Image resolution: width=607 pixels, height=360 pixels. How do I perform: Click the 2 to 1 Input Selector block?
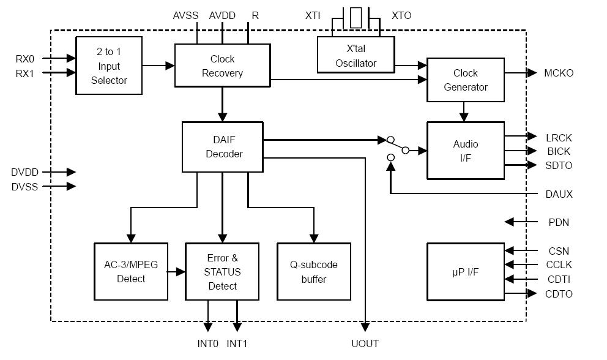tap(109, 66)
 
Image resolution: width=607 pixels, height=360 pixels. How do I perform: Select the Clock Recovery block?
tap(222, 66)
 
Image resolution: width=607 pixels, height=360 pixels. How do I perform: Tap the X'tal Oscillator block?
tap(356, 54)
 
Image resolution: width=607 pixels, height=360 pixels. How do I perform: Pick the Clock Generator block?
tap(465, 80)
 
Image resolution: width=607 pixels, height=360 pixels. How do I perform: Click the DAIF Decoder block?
tap(223, 147)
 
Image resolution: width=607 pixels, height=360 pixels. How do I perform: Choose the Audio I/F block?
tap(465, 151)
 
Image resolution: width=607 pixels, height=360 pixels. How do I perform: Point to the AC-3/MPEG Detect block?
tap(131, 271)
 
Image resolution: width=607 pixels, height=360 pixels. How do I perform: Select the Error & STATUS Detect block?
tap(222, 271)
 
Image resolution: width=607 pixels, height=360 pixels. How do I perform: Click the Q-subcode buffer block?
tap(314, 271)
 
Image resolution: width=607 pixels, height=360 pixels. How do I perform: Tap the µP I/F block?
tap(465, 271)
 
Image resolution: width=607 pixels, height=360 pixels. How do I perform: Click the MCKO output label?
tap(559, 73)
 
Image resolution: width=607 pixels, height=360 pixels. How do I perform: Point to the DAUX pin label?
tap(559, 194)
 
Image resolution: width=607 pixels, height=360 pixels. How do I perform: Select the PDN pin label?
tap(559, 222)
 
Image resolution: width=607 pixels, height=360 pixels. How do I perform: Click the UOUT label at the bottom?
tap(365, 343)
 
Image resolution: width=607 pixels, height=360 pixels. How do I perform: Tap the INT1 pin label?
tap(237, 343)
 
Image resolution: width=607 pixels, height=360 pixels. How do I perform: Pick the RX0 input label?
tap(25, 59)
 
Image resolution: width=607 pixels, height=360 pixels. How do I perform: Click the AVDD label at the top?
tap(222, 15)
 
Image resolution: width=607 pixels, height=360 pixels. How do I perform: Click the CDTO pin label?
tap(559, 294)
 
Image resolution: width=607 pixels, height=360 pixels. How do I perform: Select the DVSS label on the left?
tap(24, 187)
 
